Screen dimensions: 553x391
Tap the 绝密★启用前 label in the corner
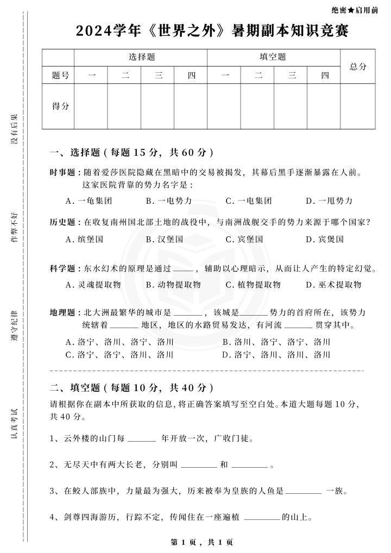[354, 10]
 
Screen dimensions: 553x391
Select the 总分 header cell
[358, 66]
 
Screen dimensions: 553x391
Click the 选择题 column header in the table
[141, 57]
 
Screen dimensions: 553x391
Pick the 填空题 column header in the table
[273, 57]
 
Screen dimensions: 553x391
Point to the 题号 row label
[58, 76]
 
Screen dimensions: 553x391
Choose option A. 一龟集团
[89, 201]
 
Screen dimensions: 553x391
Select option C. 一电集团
[249, 201]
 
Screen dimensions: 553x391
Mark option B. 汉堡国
[165, 239]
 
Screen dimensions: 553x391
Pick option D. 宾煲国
[325, 239]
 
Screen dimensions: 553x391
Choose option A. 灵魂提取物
[93, 285]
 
